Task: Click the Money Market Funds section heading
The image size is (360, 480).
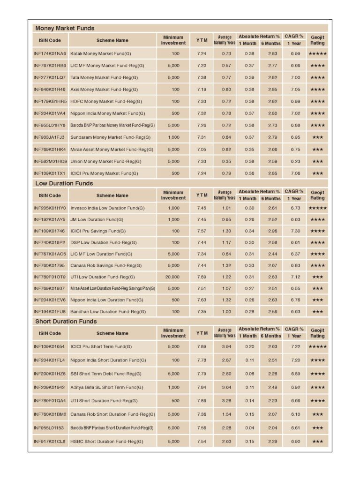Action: click(65, 28)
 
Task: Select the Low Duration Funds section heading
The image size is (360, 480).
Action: click(64, 183)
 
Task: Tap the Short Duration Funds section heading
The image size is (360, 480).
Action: click(66, 321)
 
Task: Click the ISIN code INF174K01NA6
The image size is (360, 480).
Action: click(50, 54)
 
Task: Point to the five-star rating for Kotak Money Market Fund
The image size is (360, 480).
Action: click(317, 54)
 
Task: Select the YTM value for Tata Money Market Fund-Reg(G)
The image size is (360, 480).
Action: click(202, 77)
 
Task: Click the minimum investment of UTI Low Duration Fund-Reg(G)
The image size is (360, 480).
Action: click(173, 277)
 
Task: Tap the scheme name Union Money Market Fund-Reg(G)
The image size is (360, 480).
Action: click(106, 161)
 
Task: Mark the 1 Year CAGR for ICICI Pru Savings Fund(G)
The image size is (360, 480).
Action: click(295, 231)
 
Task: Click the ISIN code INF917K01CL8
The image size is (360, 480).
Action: click(50, 442)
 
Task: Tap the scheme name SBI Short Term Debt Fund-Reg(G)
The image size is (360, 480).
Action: click(106, 374)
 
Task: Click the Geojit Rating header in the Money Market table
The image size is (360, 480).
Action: click(317, 40)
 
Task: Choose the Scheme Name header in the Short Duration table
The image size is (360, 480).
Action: click(112, 333)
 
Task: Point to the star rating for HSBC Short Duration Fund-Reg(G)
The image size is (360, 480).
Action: click(317, 442)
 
